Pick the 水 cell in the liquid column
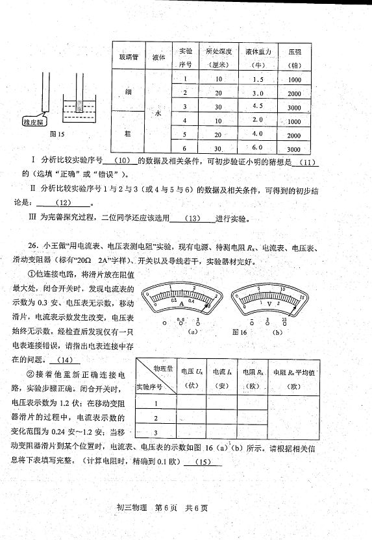pos(157,113)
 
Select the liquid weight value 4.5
pos(257,106)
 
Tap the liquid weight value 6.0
pos(257,147)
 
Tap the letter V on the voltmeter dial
pos(271,302)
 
